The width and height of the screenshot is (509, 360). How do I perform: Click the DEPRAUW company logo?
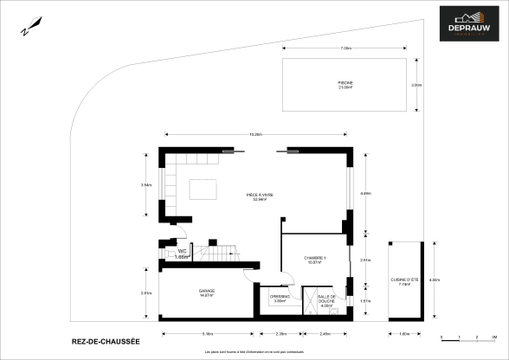(468, 24)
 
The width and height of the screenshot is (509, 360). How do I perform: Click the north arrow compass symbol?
(32, 26)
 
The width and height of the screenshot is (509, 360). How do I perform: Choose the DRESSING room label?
(280, 299)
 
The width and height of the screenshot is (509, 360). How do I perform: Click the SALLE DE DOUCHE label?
(326, 299)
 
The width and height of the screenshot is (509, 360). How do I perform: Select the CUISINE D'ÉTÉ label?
(404, 282)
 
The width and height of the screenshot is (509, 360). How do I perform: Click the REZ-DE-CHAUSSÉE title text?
(105, 343)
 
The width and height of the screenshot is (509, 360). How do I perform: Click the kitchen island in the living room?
(203, 188)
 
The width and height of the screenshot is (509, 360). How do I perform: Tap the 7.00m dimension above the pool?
(345, 48)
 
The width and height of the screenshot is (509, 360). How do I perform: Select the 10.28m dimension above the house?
(256, 134)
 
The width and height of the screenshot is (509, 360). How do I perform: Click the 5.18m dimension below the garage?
(207, 333)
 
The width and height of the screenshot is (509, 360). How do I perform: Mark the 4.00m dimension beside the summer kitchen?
(435, 280)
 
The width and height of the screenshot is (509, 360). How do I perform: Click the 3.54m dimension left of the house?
(145, 184)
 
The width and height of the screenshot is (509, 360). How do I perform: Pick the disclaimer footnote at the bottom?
(254, 352)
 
